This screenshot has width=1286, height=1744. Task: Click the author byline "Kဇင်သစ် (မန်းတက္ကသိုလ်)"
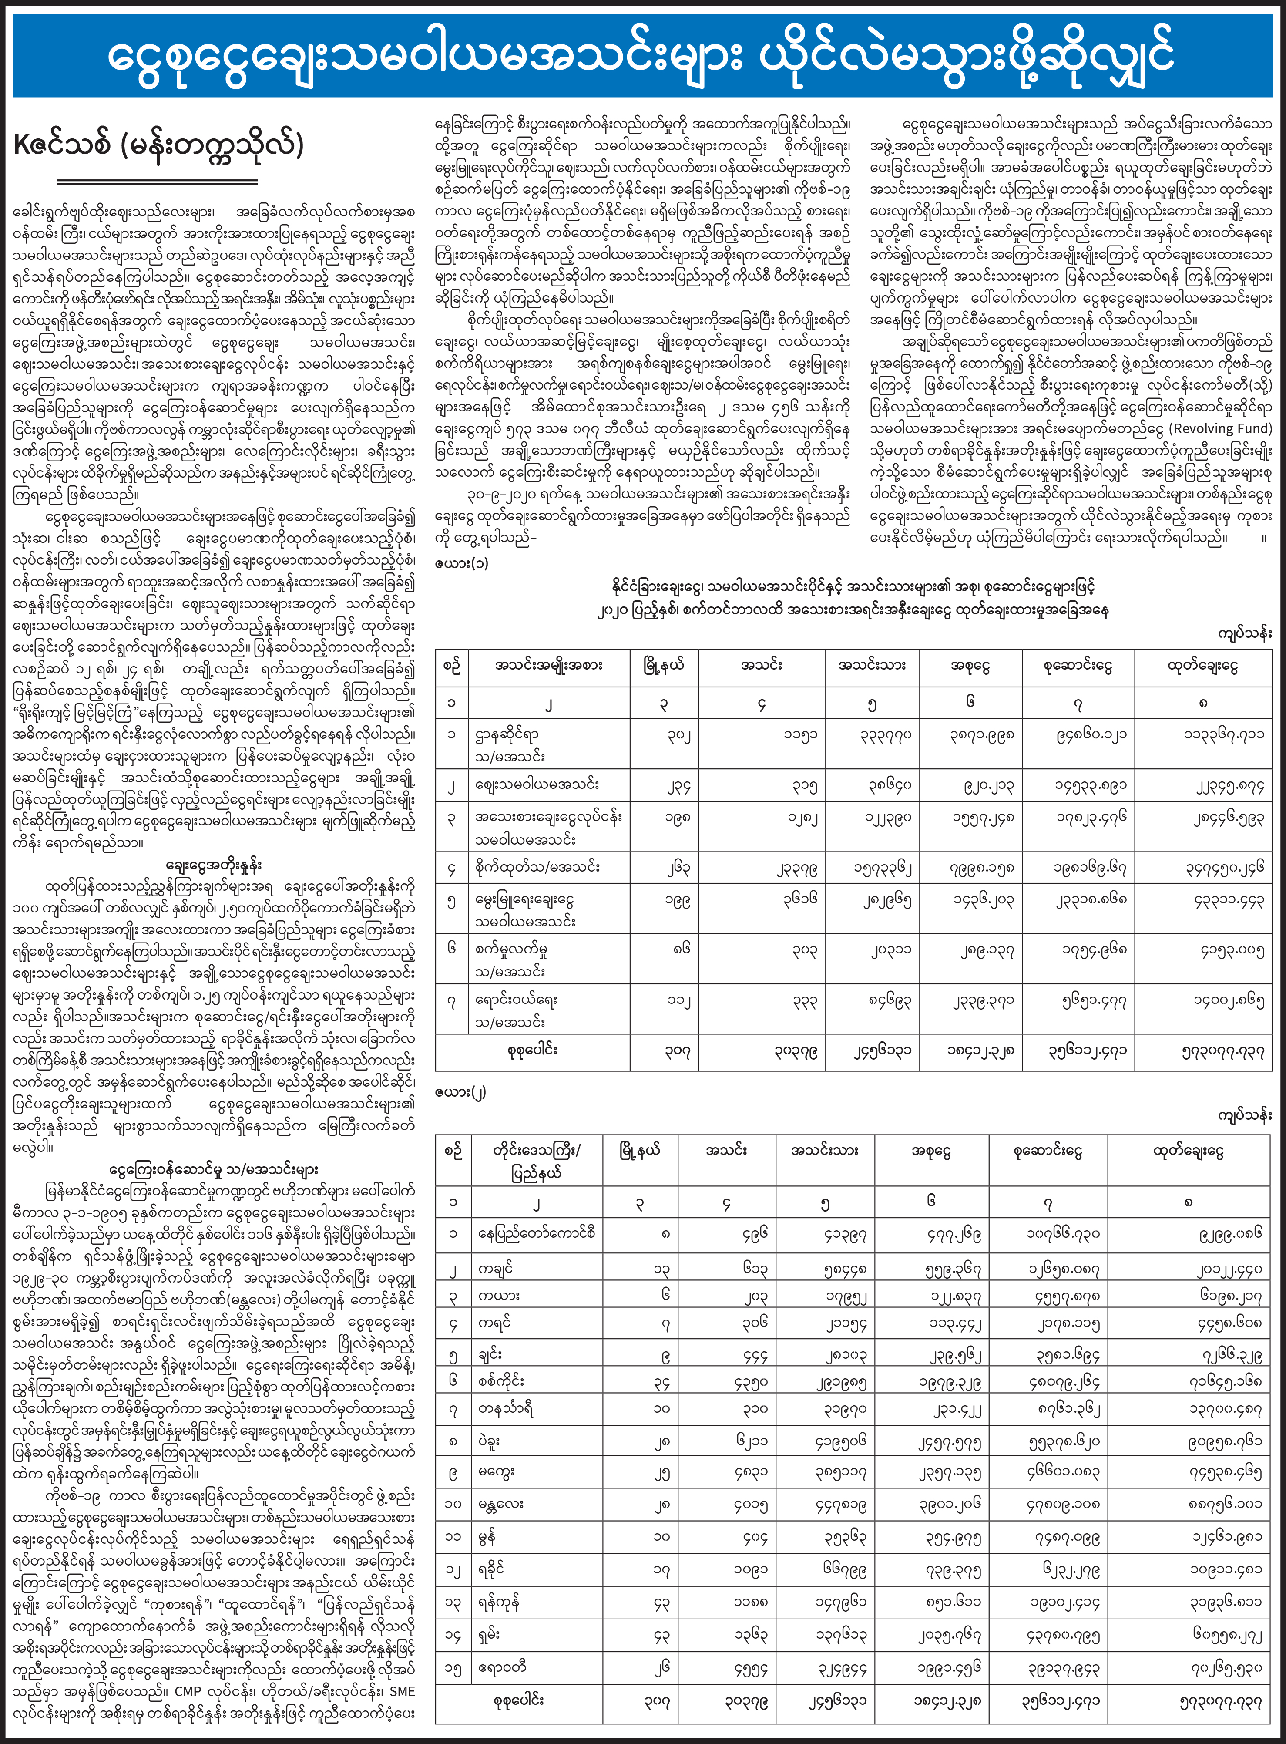(x=158, y=145)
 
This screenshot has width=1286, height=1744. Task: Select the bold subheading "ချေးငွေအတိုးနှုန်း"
(x=214, y=865)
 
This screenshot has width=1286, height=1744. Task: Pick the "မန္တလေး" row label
(x=501, y=1503)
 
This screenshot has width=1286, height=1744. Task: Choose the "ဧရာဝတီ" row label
(x=502, y=1667)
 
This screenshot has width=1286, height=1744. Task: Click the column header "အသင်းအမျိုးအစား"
(x=548, y=666)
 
